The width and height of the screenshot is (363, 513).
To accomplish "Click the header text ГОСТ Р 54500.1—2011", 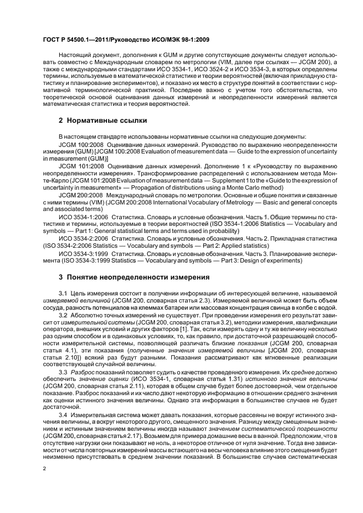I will click(x=81, y=40).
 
